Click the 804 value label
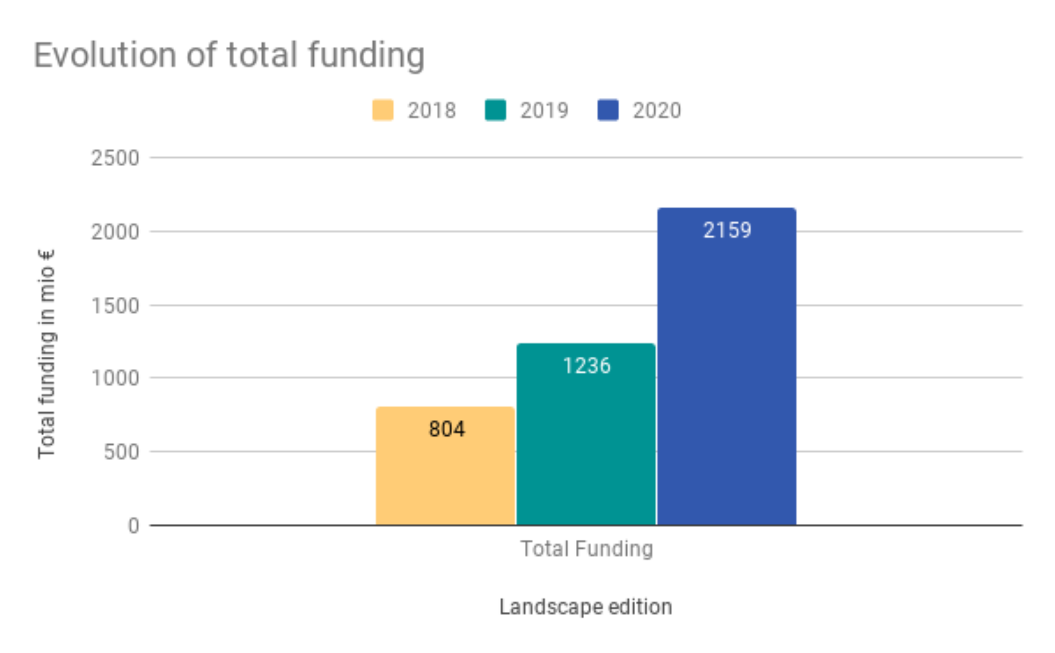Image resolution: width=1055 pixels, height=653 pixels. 447,429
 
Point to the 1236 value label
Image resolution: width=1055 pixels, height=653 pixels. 586,366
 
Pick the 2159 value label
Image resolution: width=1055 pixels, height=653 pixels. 727,230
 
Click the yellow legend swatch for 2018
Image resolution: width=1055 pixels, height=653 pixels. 383,110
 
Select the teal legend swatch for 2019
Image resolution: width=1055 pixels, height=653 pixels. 495,110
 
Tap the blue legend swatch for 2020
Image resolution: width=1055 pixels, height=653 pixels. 608,110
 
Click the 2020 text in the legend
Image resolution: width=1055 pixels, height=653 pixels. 657,110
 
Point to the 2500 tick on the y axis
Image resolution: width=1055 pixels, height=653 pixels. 115,158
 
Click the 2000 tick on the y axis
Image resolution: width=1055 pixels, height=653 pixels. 115,232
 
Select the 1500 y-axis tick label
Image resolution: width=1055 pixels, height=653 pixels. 115,306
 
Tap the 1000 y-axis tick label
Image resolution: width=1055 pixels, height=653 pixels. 115,378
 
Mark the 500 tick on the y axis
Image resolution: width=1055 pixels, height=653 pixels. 121,452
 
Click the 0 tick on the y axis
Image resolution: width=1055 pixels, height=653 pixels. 134,526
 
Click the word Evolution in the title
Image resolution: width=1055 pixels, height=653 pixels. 105,55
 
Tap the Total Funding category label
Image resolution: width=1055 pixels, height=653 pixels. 586,549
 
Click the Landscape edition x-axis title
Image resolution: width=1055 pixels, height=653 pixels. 585,607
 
